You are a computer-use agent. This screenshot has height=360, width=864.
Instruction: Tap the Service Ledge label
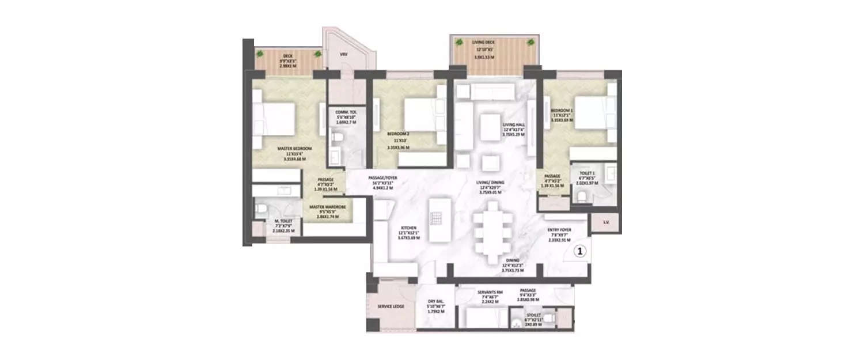tap(389, 307)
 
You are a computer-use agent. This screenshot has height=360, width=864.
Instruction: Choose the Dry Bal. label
tap(435, 301)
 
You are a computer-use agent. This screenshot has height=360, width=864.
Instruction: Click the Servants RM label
tap(490, 292)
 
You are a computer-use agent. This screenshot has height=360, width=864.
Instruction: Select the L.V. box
tap(606, 222)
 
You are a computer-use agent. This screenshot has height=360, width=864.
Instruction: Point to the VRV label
tap(343, 54)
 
